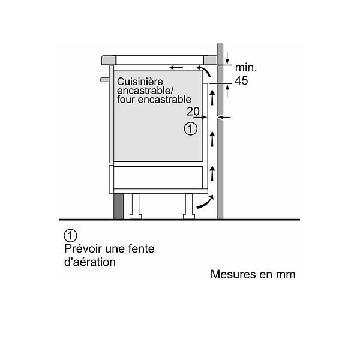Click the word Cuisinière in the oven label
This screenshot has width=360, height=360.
click(140, 82)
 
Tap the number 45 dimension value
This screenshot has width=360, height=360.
click(241, 80)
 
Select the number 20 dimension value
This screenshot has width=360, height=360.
click(193, 112)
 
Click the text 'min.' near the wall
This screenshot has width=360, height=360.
click(245, 68)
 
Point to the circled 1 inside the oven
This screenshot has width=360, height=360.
click(191, 129)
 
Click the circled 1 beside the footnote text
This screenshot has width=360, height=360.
click(70, 236)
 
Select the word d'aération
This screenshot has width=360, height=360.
click(90, 262)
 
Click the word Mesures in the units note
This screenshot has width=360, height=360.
click(233, 274)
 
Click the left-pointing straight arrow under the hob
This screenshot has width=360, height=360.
click(176, 67)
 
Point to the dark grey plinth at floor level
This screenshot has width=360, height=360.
click(118, 206)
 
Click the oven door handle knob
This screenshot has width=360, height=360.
click(104, 79)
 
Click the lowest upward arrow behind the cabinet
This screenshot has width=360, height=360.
click(212, 174)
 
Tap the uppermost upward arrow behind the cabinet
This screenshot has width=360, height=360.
click(212, 98)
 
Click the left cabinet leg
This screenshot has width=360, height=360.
click(135, 206)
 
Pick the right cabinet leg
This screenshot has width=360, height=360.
click(189, 206)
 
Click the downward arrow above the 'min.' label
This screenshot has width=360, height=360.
click(227, 58)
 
